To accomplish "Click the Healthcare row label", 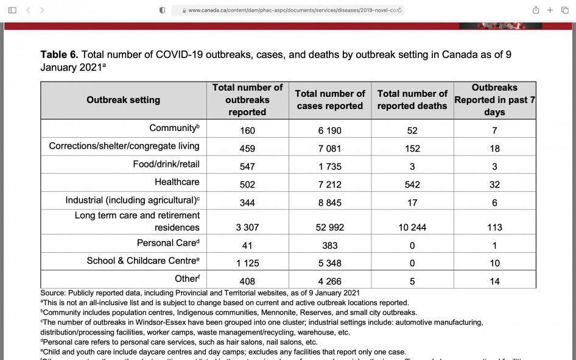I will pyautogui.click(x=177, y=182).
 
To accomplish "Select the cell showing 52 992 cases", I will pyautogui.click(x=329, y=227).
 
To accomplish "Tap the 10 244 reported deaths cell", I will pyautogui.click(x=412, y=227).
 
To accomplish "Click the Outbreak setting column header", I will pyautogui.click(x=123, y=100).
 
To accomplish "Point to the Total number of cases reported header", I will pyautogui.click(x=329, y=100).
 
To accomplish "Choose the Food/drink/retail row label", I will pyautogui.click(x=166, y=164).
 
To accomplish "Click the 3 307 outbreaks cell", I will pyautogui.click(x=247, y=227).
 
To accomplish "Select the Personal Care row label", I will pyautogui.click(x=168, y=243).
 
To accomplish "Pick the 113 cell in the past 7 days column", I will pyautogui.click(x=494, y=227).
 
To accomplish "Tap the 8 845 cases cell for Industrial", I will pyautogui.click(x=329, y=203).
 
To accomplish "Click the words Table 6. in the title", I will pyautogui.click(x=59, y=55).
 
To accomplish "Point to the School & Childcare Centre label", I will pyautogui.click(x=142, y=261).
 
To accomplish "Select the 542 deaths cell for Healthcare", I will pyautogui.click(x=412, y=185).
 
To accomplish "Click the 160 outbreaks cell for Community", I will pyautogui.click(x=247, y=130).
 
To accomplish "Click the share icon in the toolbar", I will pyautogui.click(x=536, y=10).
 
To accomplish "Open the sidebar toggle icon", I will pyautogui.click(x=12, y=10).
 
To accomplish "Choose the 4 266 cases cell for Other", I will pyautogui.click(x=329, y=281).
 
